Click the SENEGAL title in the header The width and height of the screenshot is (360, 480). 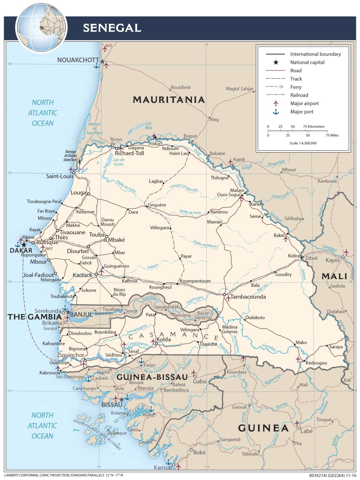tap(112, 28)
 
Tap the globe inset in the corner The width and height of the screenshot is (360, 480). tap(41, 28)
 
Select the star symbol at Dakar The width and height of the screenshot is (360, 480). tap(24, 245)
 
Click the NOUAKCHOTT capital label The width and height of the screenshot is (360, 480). tap(78, 60)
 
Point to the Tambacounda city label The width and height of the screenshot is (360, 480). tap(248, 297)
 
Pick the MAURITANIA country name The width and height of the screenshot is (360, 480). tap(169, 100)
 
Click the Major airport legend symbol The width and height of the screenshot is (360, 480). tap(276, 103)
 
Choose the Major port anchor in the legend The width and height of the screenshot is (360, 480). tap(276, 112)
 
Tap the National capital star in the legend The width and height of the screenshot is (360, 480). tap(276, 62)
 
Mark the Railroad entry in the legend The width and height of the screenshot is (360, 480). tap(299, 95)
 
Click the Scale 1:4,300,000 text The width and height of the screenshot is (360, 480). tap(303, 143)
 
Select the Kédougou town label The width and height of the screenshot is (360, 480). tap(316, 363)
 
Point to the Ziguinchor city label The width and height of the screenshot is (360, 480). tap(71, 355)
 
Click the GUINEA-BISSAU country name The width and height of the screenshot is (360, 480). tap(152, 377)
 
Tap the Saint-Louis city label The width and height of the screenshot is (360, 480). tap(59, 176)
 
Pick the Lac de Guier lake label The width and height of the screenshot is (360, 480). tap(119, 162)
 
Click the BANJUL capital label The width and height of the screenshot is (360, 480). tap(81, 314)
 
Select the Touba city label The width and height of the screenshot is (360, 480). tap(97, 234)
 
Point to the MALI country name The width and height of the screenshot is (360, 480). tap(334, 276)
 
